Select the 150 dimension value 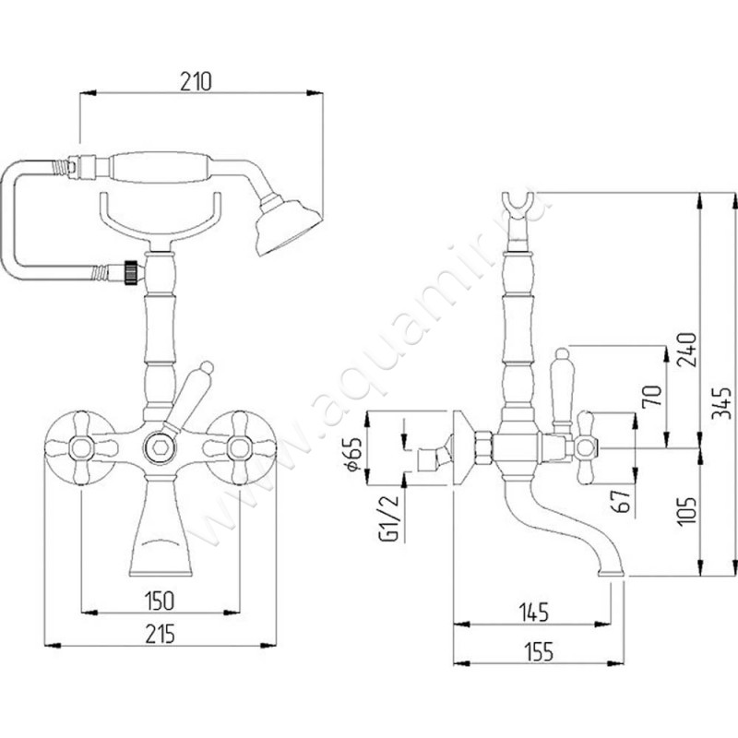(161, 601)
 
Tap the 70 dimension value (651, 397)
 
